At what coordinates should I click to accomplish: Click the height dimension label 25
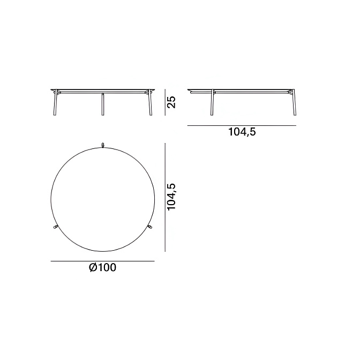point(171,102)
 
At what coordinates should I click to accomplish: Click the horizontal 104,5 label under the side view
point(242,132)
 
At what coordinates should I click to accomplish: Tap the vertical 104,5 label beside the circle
point(171,197)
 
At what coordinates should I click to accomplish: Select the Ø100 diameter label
point(103,267)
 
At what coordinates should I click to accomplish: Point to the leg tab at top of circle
point(103,145)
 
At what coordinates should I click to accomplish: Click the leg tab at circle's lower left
point(55,227)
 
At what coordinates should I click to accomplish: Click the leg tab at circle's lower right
point(150,227)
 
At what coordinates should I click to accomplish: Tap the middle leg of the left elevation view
point(103,104)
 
